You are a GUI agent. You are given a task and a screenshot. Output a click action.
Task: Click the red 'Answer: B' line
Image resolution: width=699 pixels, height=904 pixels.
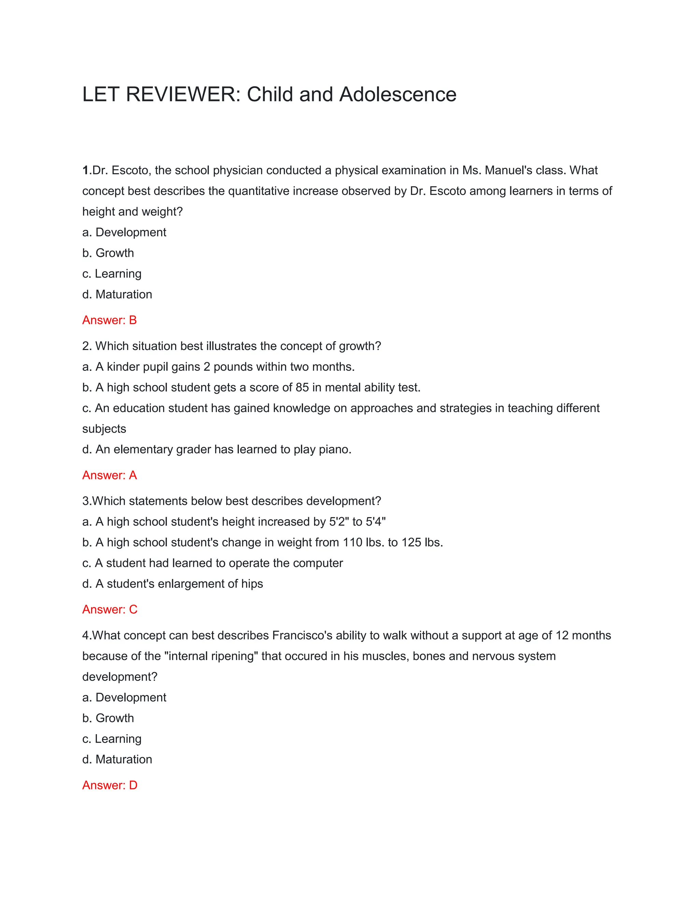(x=109, y=320)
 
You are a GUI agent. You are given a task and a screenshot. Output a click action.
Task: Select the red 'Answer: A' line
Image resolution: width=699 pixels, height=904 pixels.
(x=109, y=475)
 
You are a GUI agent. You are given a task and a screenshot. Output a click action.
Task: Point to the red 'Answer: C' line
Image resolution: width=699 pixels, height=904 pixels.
(x=110, y=609)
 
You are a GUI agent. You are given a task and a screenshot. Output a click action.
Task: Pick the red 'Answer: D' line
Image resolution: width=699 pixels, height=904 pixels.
(x=110, y=785)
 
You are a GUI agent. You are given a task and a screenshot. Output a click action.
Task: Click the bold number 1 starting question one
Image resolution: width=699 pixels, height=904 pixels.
(x=85, y=170)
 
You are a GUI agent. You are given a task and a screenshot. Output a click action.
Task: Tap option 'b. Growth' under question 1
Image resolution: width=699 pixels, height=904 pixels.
(x=108, y=253)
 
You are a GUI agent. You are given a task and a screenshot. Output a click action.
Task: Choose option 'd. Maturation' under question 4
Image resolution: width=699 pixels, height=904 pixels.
(x=117, y=759)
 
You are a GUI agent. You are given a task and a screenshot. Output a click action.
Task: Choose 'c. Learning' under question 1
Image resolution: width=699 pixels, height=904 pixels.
(x=112, y=274)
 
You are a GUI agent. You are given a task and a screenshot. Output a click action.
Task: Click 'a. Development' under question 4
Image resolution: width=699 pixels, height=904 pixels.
(x=124, y=698)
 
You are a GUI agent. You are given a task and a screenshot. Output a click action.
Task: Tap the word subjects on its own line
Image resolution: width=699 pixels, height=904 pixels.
(x=104, y=429)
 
